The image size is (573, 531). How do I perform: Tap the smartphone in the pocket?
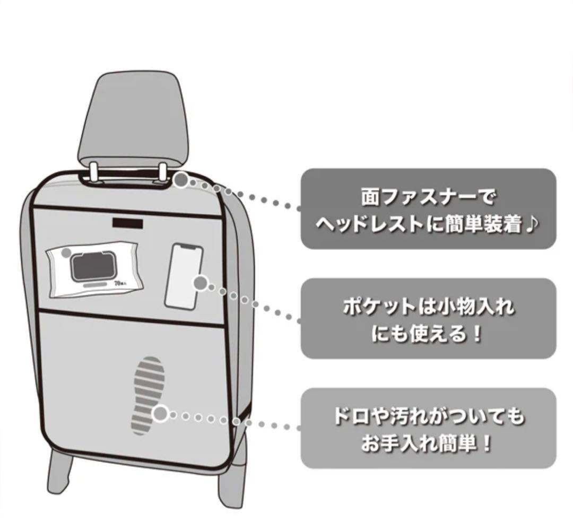tap(183, 275)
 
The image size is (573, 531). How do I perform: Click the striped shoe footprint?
tap(149, 395)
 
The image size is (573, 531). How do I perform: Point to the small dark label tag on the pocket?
tap(127, 222)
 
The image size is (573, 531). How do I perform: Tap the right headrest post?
tap(164, 171)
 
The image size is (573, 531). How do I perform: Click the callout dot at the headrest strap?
tap(181, 180)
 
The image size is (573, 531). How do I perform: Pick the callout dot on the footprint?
tap(160, 413)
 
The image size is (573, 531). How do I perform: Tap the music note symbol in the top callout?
tap(532, 225)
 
